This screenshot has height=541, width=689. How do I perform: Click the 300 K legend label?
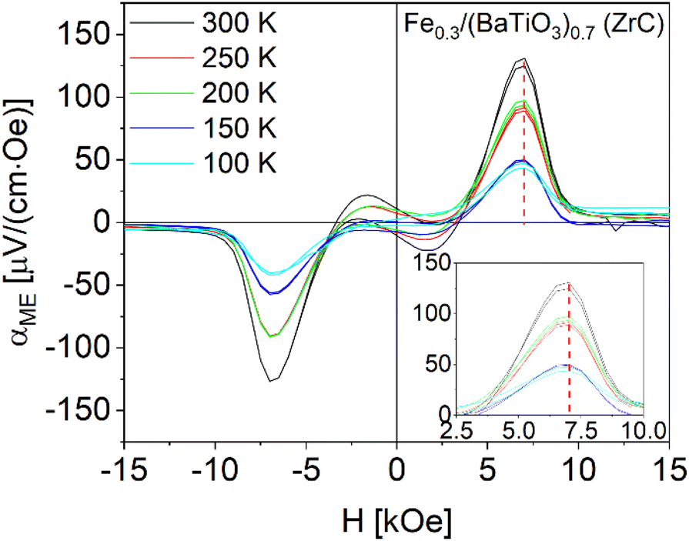(239, 25)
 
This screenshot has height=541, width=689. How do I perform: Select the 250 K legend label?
(239, 58)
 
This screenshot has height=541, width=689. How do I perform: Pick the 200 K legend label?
(239, 94)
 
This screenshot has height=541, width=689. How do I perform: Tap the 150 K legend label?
(239, 129)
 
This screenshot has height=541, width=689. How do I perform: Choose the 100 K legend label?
(239, 163)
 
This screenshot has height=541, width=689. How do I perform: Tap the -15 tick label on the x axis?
(122, 469)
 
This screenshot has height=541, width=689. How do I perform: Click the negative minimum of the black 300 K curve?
(272, 380)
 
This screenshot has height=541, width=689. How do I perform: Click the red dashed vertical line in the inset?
(570, 346)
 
